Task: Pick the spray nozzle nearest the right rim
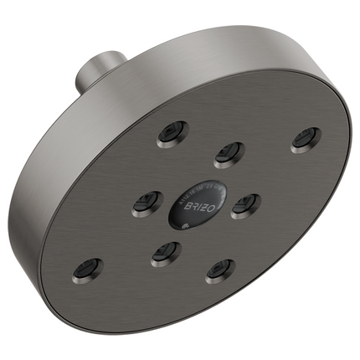(306, 139)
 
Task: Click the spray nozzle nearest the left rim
(86, 268)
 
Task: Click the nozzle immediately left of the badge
(148, 201)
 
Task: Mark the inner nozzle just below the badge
(166, 250)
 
